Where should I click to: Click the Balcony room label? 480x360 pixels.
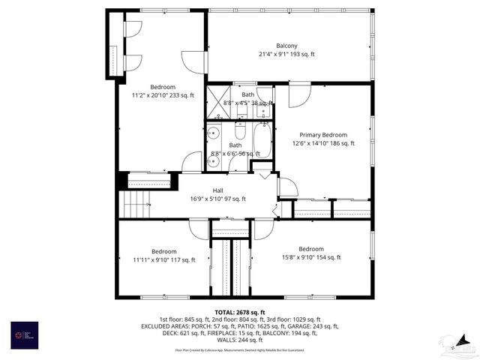click(286, 46)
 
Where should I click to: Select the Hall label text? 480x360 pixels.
click(217, 190)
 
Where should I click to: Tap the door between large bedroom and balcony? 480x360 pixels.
click(194, 62)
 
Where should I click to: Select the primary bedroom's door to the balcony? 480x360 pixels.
click(299, 95)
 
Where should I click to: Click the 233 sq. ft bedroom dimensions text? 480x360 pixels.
click(163, 95)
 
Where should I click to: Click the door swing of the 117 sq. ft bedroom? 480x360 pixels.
click(199, 229)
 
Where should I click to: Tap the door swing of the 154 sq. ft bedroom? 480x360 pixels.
click(263, 229)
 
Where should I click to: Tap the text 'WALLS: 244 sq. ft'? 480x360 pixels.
click(239, 340)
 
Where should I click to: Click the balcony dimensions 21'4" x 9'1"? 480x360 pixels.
click(286, 54)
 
